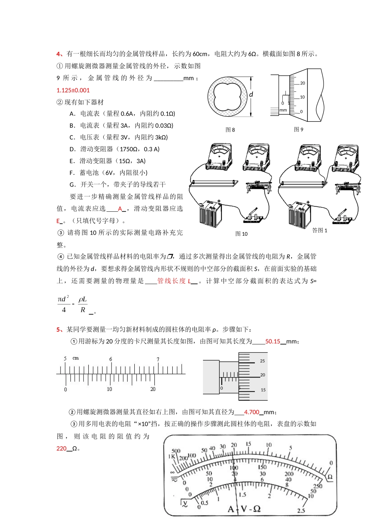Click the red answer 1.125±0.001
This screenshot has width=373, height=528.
73,90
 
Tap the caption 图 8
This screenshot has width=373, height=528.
230,130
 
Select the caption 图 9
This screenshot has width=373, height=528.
298,129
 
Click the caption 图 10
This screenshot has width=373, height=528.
241,234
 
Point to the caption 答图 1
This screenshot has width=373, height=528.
320,230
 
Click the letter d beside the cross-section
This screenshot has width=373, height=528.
251,94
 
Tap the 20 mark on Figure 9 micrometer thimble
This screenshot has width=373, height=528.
302,83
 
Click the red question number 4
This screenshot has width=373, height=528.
59,54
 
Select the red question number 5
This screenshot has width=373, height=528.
59,329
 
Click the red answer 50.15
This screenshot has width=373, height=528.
272,341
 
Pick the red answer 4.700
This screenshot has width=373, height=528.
252,412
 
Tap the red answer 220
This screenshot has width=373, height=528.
62,448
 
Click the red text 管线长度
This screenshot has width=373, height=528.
171,281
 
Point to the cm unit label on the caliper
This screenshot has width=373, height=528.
76,358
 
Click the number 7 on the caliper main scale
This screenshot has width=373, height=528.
158,359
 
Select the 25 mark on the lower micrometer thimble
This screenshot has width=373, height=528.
262,361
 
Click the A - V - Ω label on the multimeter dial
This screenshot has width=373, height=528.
244,509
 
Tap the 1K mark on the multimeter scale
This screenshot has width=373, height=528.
172,456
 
